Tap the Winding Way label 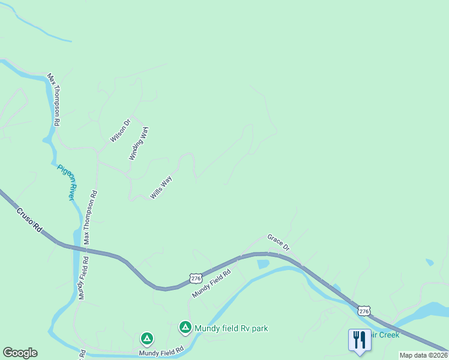pos(139,143)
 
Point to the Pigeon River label pos(67,182)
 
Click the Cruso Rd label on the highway pos(30,220)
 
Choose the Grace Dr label pos(279,242)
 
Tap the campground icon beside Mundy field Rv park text pos(185,328)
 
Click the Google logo pos(20,353)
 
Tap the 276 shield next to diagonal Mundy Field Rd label pos(196,278)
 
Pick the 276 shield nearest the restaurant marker pos(364,311)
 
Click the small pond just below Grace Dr pos(263,264)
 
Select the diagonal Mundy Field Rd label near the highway pos(211,284)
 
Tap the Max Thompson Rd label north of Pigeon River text pos(53,99)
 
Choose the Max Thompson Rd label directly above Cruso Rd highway pos(90,217)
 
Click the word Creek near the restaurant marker pos(388,335)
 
